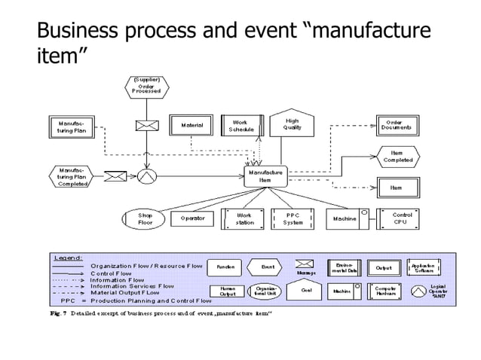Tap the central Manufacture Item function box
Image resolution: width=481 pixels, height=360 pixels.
pyautogui.click(x=265, y=176)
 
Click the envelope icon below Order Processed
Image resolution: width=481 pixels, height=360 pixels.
pyautogui.click(x=145, y=127)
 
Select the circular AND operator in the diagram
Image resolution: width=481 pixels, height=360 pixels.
pyautogui.click(x=145, y=176)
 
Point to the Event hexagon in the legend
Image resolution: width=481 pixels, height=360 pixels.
pyautogui.click(x=268, y=267)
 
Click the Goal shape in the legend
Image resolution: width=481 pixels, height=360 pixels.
pyautogui.click(x=306, y=290)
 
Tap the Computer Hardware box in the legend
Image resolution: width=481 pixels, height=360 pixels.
pyautogui.click(x=386, y=290)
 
